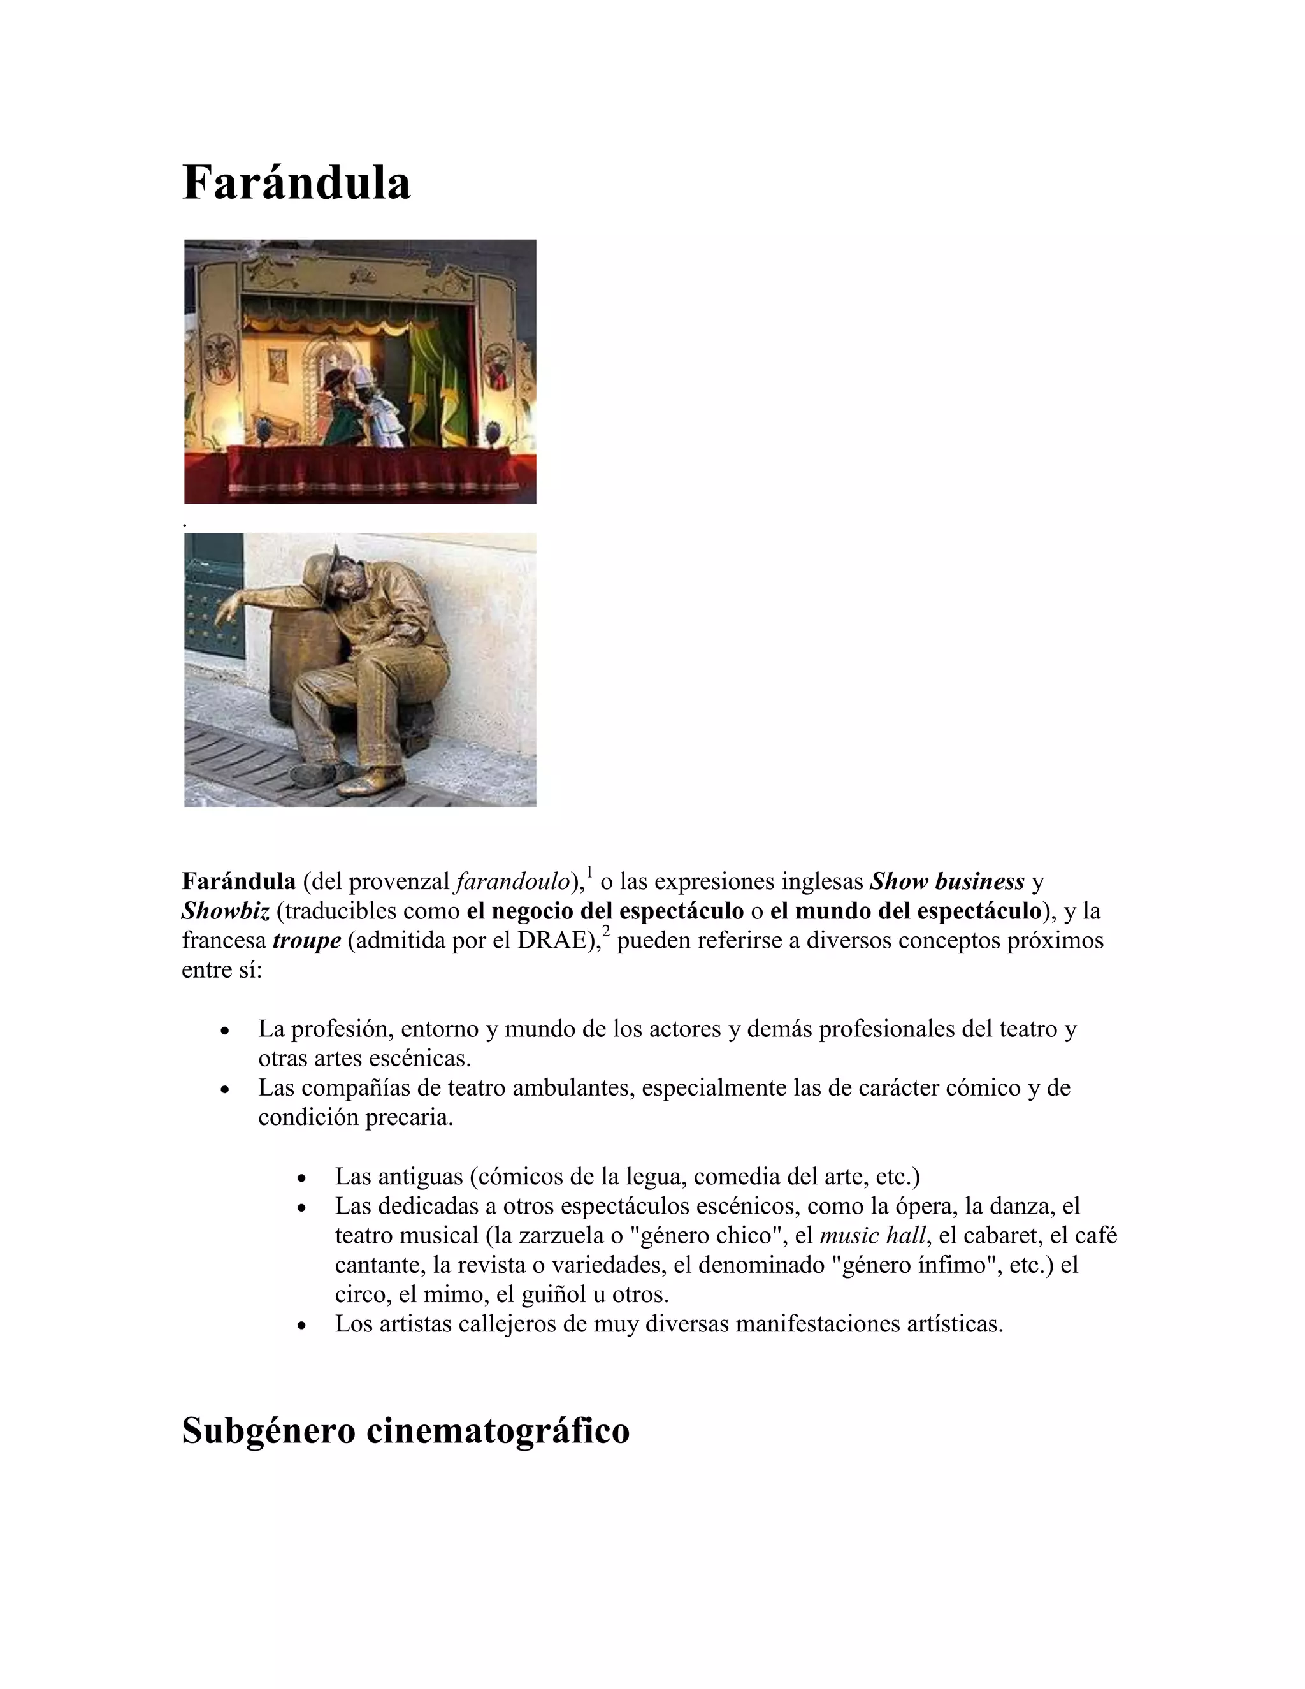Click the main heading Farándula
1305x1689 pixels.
point(296,184)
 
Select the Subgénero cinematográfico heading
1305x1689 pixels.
point(405,1431)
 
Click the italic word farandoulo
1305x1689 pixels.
point(512,881)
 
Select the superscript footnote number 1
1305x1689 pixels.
point(589,873)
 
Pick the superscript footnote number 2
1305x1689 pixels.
point(606,931)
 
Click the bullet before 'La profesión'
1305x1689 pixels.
point(224,1031)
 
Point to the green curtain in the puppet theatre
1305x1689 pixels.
point(436,379)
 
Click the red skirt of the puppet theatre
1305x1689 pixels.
point(359,474)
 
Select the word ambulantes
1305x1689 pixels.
point(573,1088)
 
